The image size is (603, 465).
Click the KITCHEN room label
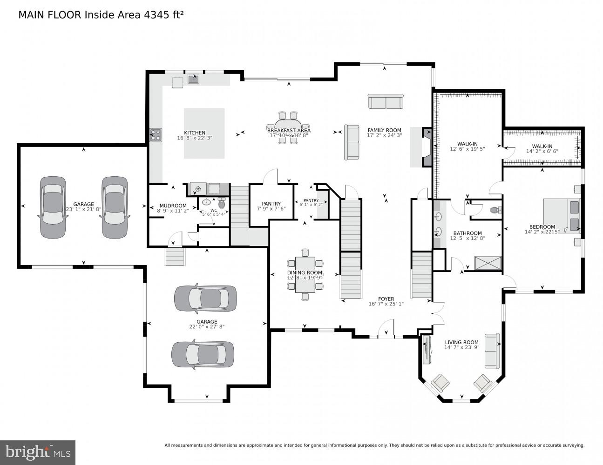click(194, 133)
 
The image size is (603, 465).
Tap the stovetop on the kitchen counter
click(156, 135)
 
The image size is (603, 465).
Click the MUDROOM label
click(173, 206)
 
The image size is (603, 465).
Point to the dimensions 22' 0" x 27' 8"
click(207, 327)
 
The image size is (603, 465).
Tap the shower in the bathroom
click(488, 263)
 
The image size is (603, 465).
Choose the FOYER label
click(386, 299)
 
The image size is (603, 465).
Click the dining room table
click(305, 274)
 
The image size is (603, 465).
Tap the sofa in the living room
click(491, 350)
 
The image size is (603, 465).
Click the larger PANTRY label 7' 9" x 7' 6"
click(271, 204)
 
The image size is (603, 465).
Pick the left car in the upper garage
click(52, 207)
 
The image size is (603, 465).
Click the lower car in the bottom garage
click(203, 355)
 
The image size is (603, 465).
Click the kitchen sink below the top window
click(194, 79)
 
